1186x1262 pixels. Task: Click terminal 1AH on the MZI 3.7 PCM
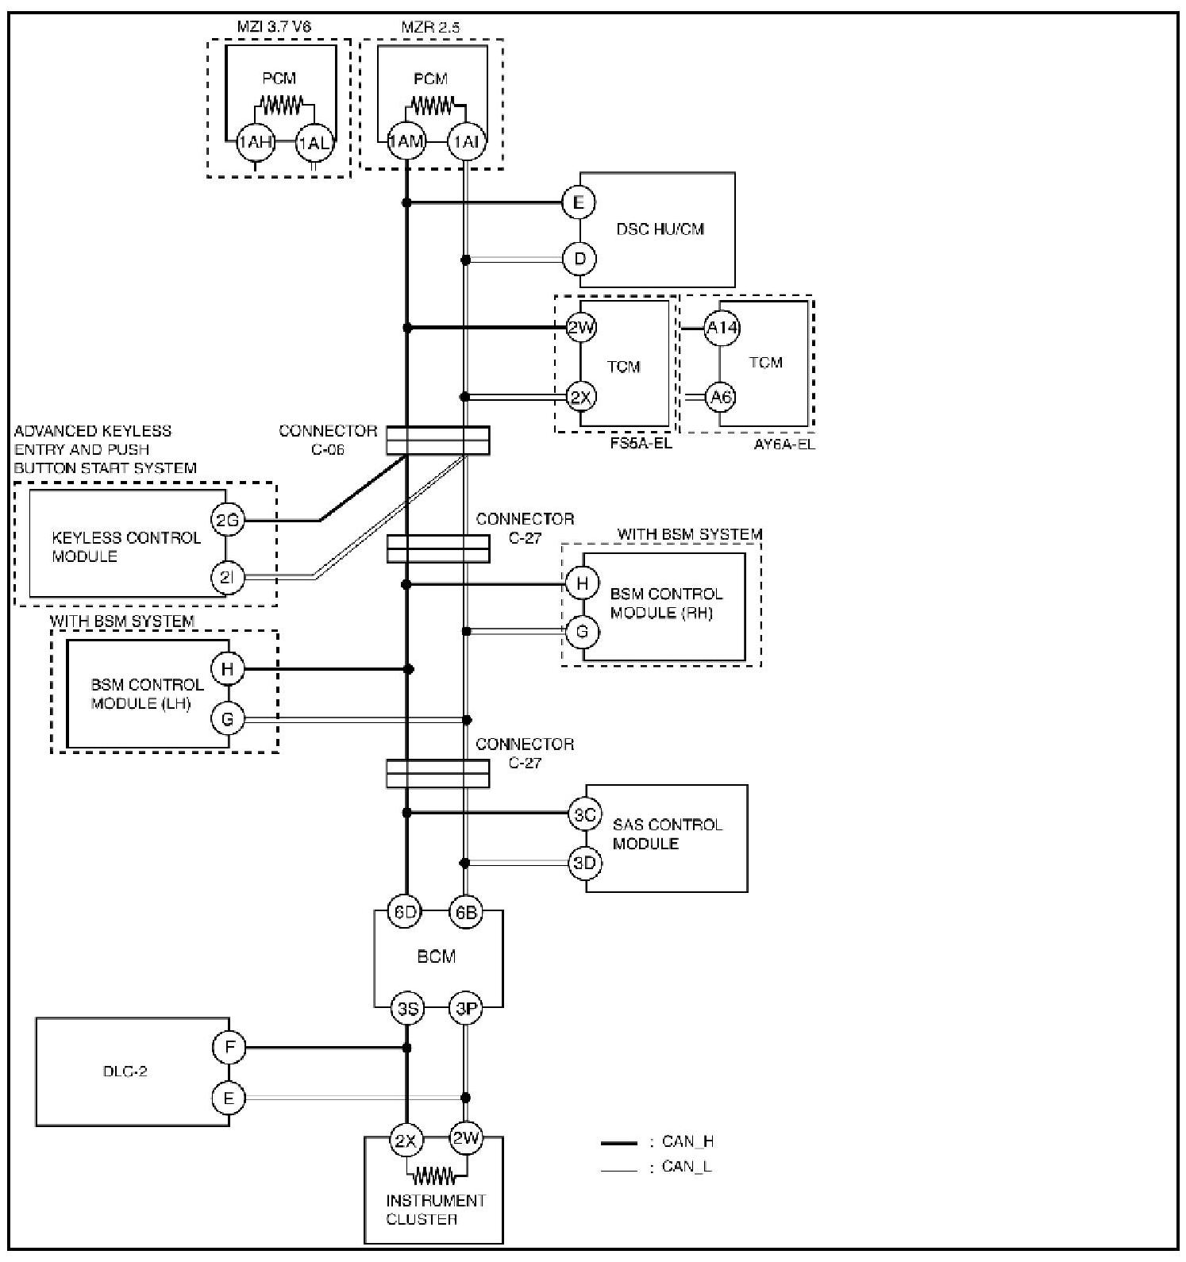(255, 143)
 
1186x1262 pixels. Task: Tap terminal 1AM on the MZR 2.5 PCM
(406, 143)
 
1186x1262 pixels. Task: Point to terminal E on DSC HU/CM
(579, 202)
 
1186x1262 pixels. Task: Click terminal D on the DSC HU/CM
(579, 259)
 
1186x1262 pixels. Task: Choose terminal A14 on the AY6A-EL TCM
(722, 327)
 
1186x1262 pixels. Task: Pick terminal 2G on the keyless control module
(227, 521)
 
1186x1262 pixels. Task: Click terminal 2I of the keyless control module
(227, 578)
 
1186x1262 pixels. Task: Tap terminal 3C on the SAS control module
(585, 814)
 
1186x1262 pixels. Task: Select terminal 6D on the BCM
(406, 912)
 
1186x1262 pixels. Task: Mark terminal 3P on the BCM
(466, 1009)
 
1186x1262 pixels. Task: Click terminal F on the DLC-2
(229, 1048)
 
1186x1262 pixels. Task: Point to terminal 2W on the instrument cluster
(466, 1141)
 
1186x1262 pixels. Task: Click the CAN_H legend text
(687, 1142)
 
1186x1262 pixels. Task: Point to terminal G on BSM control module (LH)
(228, 719)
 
